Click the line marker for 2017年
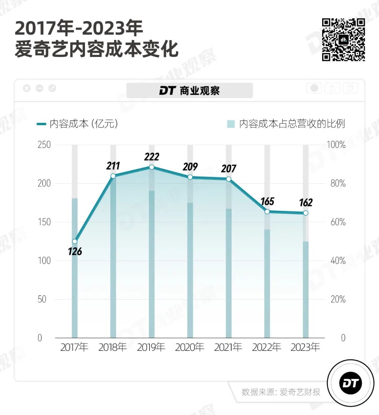click(74, 241)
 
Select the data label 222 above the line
click(152, 157)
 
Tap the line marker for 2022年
click(267, 212)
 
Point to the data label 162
click(306, 203)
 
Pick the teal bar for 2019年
click(152, 264)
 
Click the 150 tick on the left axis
click(44, 222)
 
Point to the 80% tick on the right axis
click(338, 183)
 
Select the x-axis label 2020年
click(189, 347)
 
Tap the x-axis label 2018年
click(113, 347)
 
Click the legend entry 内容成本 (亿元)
click(77, 124)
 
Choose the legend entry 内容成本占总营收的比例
click(286, 124)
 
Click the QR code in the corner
click(344, 40)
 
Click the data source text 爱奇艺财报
click(300, 392)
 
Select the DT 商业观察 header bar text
click(189, 91)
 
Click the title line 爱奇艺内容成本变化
click(97, 49)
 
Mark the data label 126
click(75, 251)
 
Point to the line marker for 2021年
click(228, 179)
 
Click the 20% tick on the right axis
click(338, 299)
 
